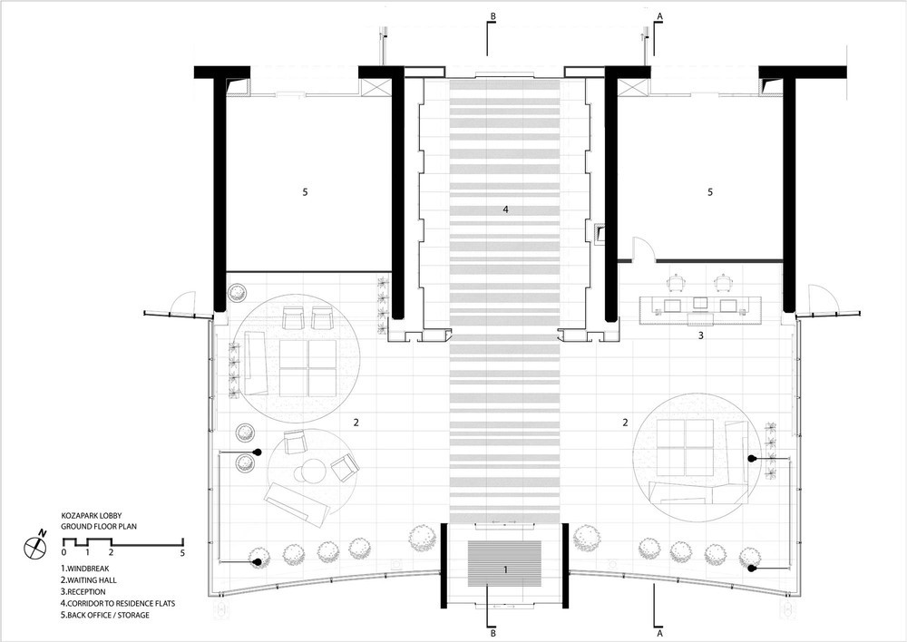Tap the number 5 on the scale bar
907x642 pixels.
click(x=183, y=553)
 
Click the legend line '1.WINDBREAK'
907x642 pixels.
click(x=85, y=569)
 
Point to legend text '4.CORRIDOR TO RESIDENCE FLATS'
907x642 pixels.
click(x=118, y=603)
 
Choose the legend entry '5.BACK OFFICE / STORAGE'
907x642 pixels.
click(x=105, y=615)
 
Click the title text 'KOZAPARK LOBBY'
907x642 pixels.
click(x=92, y=515)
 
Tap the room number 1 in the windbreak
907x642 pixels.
click(x=505, y=569)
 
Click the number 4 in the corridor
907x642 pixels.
click(x=505, y=209)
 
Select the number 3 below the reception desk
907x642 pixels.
click(x=700, y=335)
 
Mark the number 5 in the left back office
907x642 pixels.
click(x=305, y=192)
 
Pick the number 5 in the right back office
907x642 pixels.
click(x=710, y=192)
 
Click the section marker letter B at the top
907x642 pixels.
click(x=493, y=16)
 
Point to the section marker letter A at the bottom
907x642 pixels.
click(x=658, y=633)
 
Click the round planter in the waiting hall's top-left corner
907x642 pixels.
click(x=237, y=293)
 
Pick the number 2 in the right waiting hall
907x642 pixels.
click(x=625, y=423)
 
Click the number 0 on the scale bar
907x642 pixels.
click(x=63, y=553)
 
